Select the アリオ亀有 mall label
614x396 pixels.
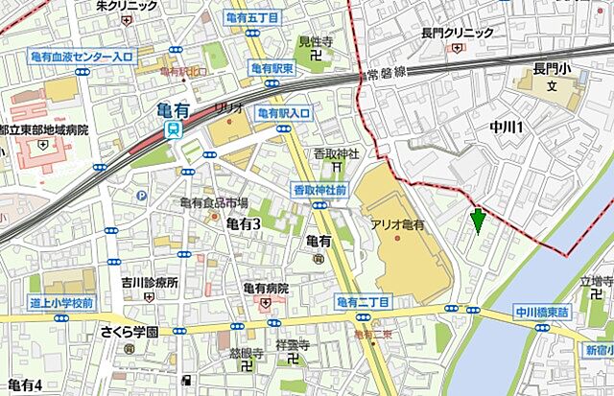(x=397, y=223)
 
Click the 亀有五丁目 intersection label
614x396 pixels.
(x=251, y=18)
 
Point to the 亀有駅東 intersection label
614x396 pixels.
(x=272, y=68)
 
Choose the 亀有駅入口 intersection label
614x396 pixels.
(x=284, y=113)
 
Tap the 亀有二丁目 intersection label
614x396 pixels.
(x=364, y=303)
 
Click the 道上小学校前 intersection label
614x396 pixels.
(x=60, y=303)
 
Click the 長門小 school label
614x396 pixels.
(x=552, y=69)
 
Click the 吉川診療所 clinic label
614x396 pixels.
(x=150, y=283)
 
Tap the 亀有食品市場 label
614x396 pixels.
(x=214, y=202)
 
